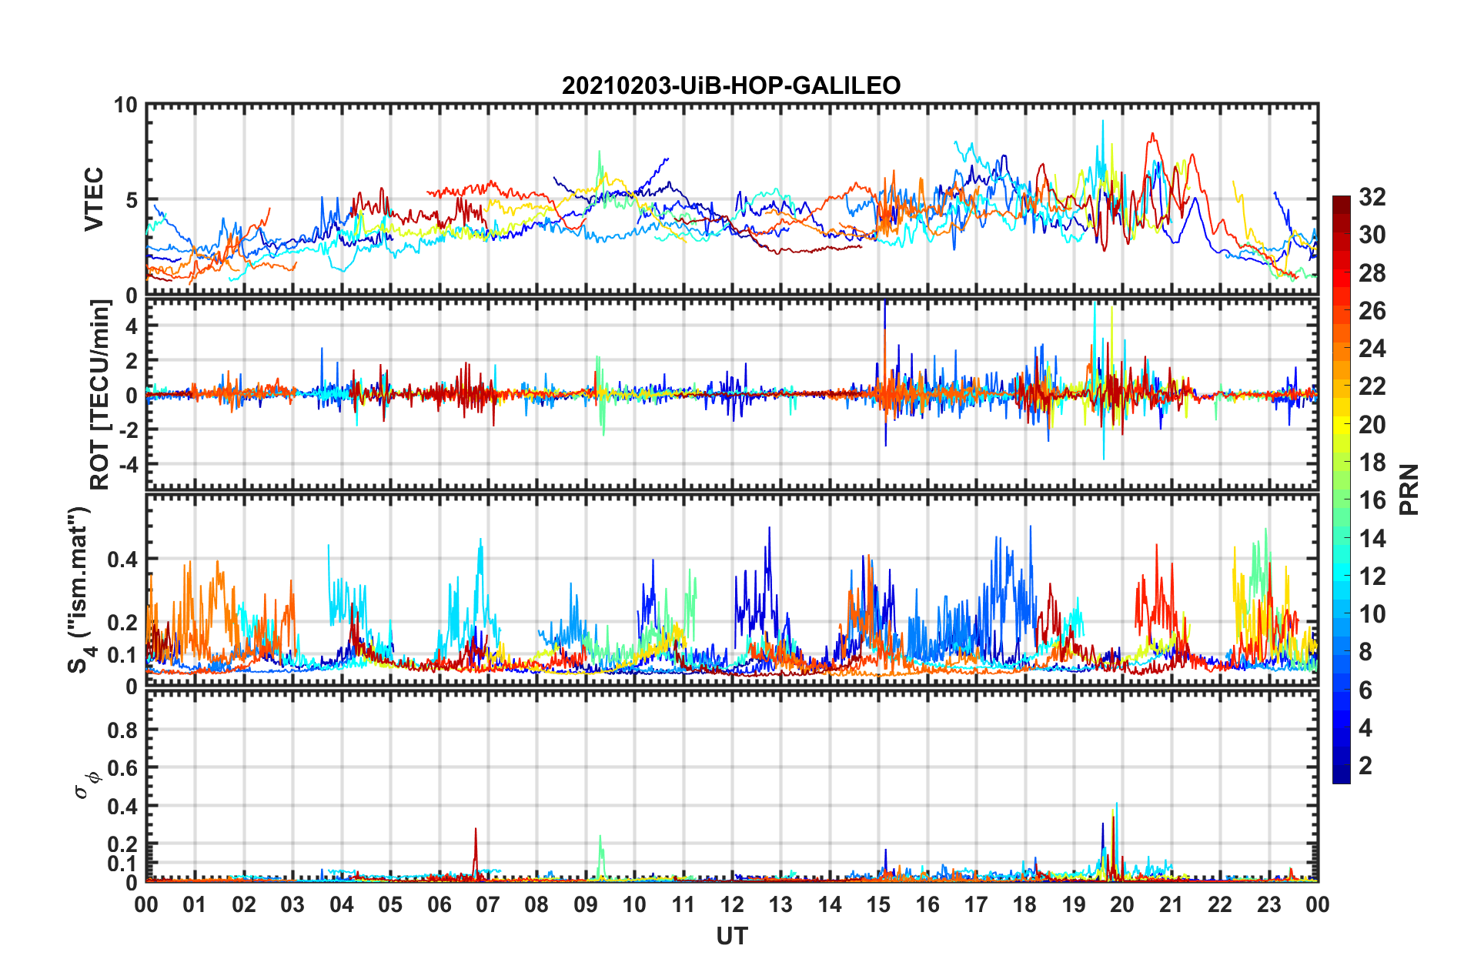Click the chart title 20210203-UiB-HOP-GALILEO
(731, 85)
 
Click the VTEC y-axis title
(94, 199)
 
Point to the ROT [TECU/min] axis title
(100, 395)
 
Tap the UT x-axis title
(731, 936)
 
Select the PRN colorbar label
(1409, 489)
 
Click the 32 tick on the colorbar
(1372, 197)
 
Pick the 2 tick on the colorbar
(1365, 766)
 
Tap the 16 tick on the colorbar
(1372, 500)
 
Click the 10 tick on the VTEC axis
(125, 105)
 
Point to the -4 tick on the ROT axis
(130, 464)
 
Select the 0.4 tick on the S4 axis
(123, 559)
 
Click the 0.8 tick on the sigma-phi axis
(123, 730)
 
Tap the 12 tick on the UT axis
(732, 904)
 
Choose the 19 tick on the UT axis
(1074, 904)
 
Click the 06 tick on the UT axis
(439, 904)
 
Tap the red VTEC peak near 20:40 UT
(1152, 135)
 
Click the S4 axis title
(81, 590)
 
